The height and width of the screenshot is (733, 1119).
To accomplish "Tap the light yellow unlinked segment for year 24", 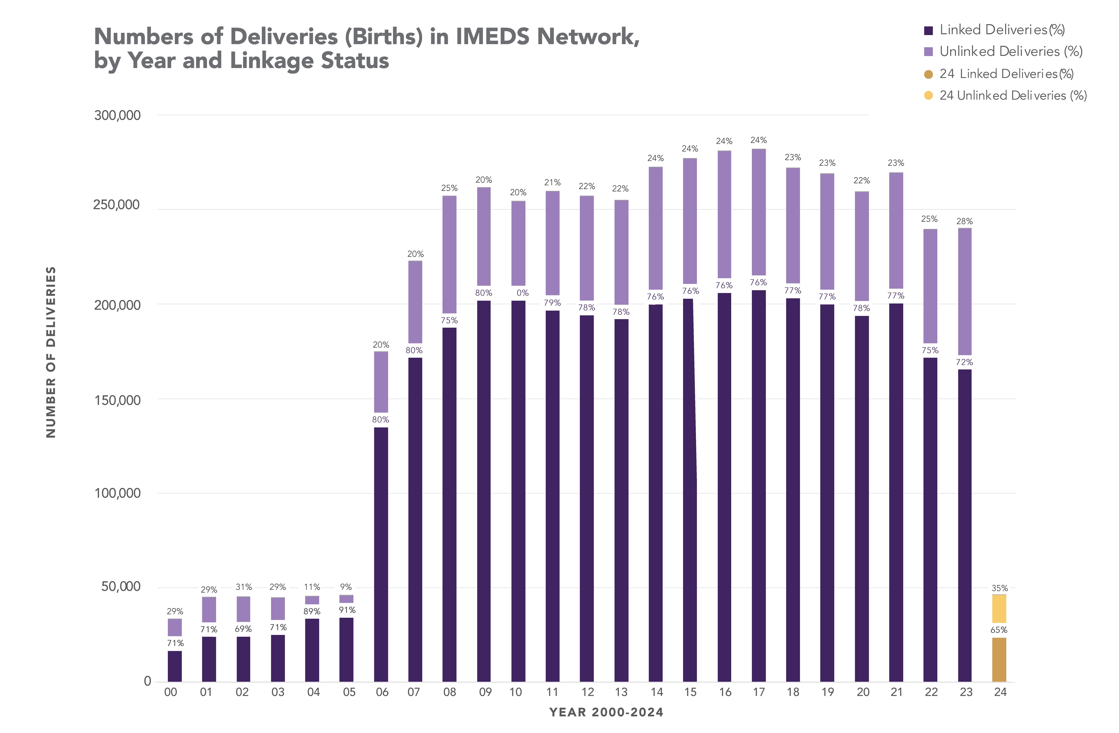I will point(999,609).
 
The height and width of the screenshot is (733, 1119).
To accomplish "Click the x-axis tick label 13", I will point(621,692).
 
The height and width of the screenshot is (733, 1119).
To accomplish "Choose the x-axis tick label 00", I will point(171,692).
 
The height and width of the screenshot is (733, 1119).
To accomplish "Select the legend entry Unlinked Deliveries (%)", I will point(1011,52).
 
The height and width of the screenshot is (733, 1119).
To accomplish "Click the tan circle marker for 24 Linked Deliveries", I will point(928,74).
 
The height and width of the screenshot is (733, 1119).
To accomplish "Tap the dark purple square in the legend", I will point(928,31).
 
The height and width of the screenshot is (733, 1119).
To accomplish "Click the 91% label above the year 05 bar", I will point(347,610).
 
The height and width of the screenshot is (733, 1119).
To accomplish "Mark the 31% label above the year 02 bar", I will point(243,587).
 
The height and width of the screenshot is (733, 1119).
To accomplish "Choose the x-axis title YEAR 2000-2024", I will point(606,712).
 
